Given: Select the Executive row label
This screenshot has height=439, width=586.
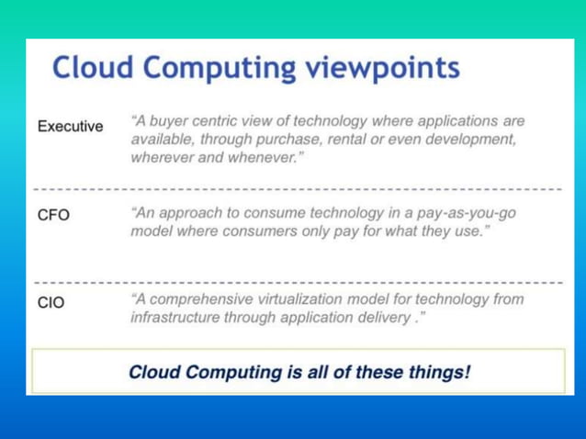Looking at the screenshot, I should click(70, 126).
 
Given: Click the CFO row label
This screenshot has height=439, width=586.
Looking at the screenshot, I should click(53, 216).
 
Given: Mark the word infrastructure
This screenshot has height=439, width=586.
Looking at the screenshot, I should click(175, 317).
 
